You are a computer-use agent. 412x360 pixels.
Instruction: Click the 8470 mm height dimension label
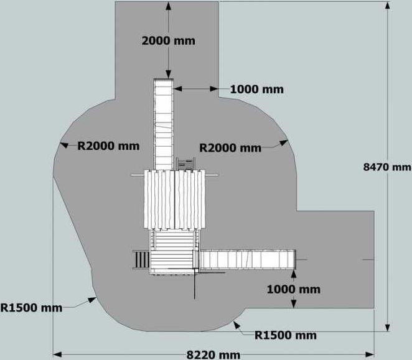pyautogui.click(x=387, y=167)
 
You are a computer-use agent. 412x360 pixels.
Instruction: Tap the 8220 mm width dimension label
pyautogui.click(x=213, y=355)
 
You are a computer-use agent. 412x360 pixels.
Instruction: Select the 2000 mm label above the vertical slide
pyautogui.click(x=169, y=40)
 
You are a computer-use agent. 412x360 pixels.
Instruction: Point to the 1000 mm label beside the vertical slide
pyautogui.click(x=256, y=90)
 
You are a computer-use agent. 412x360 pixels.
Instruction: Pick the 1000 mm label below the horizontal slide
pyautogui.click(x=294, y=289)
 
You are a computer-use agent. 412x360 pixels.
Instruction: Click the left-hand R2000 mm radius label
pyautogui.click(x=108, y=146)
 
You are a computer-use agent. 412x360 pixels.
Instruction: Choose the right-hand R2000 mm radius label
pyautogui.click(x=230, y=148)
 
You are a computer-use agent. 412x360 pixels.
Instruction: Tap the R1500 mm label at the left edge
pyautogui.click(x=31, y=308)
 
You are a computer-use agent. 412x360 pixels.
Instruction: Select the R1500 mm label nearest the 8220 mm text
pyautogui.click(x=286, y=335)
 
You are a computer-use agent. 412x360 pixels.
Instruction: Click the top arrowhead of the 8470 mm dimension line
pyautogui.click(x=387, y=6)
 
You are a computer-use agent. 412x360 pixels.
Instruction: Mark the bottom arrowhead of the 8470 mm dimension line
pyautogui.click(x=387, y=328)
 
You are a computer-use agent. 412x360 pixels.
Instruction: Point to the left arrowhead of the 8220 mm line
pyautogui.click(x=57, y=355)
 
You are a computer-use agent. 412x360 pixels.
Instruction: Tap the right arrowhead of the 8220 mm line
pyautogui.click(x=370, y=355)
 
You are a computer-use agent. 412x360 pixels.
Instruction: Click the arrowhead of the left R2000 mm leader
pyautogui.click(x=64, y=145)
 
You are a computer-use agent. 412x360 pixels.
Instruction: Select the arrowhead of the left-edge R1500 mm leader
pyautogui.click(x=92, y=300)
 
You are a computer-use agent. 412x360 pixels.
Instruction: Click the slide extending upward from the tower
pyautogui.click(x=164, y=124)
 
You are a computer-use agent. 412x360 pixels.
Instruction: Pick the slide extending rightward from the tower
pyautogui.click(x=247, y=259)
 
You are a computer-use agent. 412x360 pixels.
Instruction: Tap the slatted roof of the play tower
pyautogui.click(x=174, y=200)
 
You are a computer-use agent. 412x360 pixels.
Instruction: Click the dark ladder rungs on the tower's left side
pyautogui.click(x=141, y=259)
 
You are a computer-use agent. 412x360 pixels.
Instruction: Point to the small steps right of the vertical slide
pyautogui.click(x=185, y=164)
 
